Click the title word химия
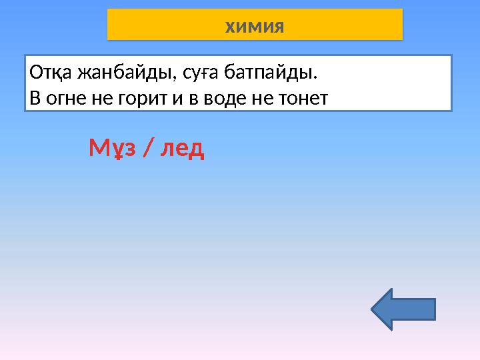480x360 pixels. click(x=255, y=27)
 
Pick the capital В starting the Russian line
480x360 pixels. click(x=35, y=99)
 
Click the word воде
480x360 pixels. click(x=216, y=99)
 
